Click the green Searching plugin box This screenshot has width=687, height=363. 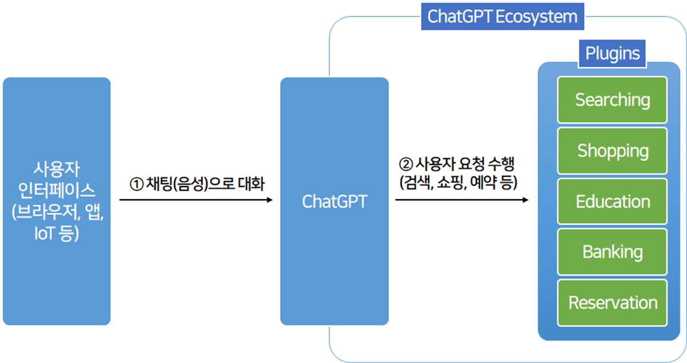point(612,100)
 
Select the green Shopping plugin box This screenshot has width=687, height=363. point(612,151)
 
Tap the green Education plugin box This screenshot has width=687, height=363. point(612,201)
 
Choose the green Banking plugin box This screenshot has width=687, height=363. point(612,252)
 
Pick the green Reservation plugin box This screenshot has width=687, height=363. point(612,303)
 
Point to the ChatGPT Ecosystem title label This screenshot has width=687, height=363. point(502,17)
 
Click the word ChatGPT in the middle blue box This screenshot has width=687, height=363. point(334,202)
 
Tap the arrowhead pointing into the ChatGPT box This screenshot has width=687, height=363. point(269,199)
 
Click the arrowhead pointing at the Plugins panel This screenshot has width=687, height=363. point(525,199)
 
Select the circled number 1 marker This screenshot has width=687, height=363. point(135,185)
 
